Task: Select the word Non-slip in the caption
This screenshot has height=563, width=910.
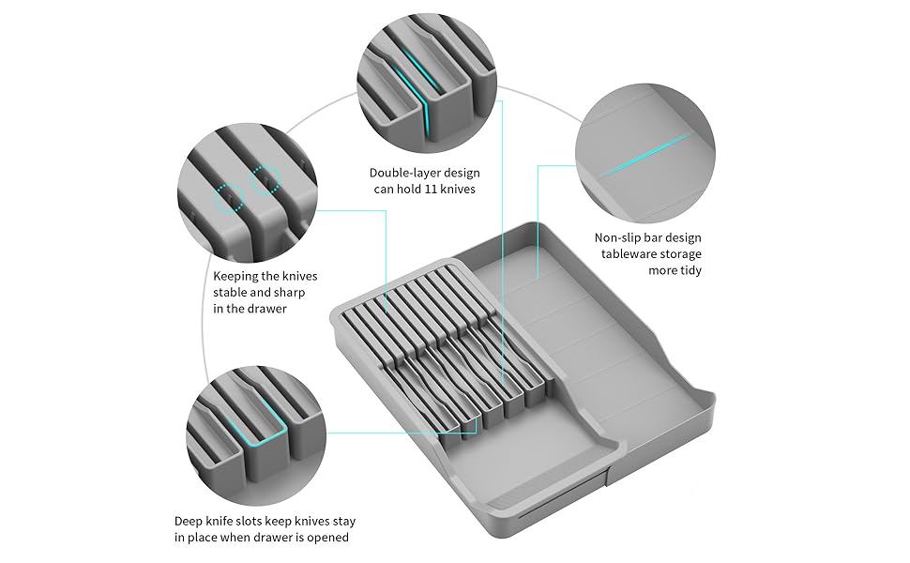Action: (x=619, y=238)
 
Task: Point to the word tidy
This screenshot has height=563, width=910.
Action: (x=688, y=270)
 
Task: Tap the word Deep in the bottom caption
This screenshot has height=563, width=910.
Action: (x=190, y=521)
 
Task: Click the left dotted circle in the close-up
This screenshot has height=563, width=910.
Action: (x=230, y=198)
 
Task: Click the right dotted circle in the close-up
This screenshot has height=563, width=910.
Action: (x=265, y=177)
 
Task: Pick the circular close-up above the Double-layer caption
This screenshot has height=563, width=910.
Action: (x=428, y=84)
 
